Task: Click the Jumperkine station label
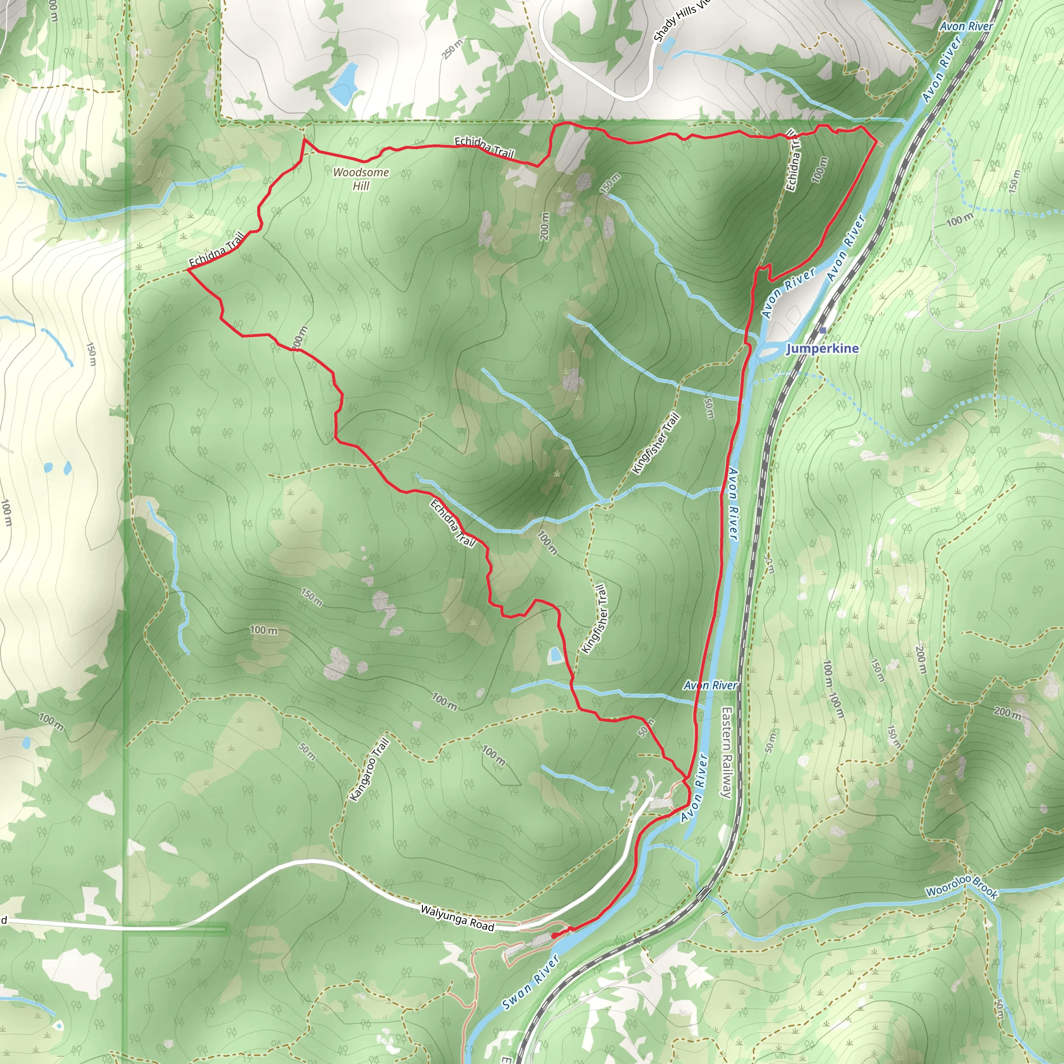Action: click(822, 348)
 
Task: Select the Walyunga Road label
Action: click(457, 918)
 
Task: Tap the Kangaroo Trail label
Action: click(369, 769)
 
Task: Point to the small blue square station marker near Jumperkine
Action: click(823, 330)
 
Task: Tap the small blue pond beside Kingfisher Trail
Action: click(554, 655)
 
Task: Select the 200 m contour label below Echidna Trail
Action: click(544, 226)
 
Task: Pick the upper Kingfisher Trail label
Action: click(657, 443)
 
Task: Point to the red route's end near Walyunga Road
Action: click(553, 935)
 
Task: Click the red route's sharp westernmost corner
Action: click(189, 269)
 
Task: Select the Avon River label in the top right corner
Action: click(966, 26)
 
